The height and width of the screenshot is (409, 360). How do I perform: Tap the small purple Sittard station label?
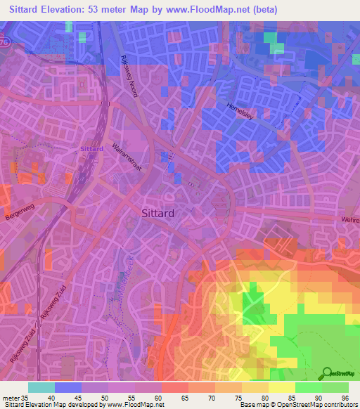click(x=91, y=149)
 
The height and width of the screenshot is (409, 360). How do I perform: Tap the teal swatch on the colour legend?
click(x=41, y=387)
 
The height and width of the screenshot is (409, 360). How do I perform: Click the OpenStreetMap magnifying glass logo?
click(x=328, y=374)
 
